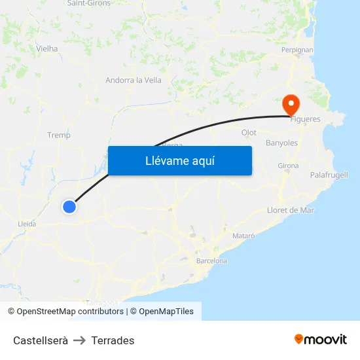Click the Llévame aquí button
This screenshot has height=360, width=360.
pos(179,160)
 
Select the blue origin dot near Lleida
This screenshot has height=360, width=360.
pos(69,207)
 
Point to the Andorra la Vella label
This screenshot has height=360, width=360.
pos(134,81)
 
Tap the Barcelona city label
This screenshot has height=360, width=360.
pos(211,261)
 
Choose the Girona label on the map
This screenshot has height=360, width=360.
pos(288,166)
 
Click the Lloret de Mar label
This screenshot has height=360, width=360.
pos(291,210)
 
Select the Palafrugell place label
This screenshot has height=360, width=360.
pos(329,175)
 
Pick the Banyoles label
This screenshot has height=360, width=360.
pos(281,143)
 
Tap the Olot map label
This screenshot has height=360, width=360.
pos(249,132)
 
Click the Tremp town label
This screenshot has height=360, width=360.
pos(59,135)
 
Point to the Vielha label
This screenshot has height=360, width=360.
pos(47,48)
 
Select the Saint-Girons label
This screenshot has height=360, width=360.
pos(89,3)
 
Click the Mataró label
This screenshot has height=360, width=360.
pos(243,235)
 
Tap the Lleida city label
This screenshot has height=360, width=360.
pos(27,223)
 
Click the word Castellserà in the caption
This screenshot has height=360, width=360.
pos(41,340)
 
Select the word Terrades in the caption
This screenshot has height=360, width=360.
pos(113,340)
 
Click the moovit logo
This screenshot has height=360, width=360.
pos(321,339)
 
